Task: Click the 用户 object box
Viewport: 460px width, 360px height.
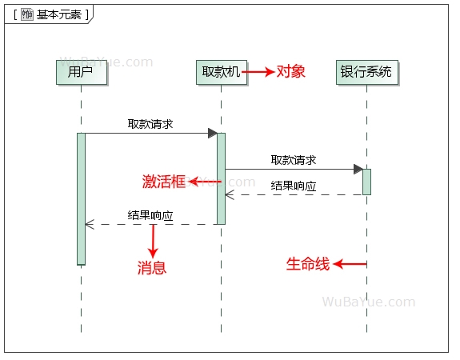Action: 81,72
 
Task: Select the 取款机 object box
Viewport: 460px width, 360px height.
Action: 222,72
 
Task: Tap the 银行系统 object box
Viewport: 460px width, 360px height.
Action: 366,72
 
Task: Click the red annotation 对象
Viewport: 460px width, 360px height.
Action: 291,72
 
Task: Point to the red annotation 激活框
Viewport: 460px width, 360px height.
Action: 163,182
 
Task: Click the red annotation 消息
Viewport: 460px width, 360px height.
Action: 152,268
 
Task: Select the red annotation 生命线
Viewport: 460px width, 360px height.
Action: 308,264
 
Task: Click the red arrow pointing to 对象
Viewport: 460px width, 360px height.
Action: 258,72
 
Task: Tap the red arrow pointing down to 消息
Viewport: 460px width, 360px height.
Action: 153,241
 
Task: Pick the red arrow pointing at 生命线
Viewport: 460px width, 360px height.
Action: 350,264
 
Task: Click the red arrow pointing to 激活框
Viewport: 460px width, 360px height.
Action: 205,182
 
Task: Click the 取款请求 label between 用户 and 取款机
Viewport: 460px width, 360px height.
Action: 150,124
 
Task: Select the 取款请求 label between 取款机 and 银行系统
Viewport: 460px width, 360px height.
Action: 294,160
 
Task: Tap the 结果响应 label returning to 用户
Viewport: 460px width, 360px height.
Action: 150,215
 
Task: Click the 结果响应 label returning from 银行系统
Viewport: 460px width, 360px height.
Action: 294,186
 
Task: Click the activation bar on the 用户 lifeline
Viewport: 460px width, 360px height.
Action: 81,198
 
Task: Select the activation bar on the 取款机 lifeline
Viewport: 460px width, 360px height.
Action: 221,178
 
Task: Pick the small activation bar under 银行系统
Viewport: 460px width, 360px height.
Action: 366,182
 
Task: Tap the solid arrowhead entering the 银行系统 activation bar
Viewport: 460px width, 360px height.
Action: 358,169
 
